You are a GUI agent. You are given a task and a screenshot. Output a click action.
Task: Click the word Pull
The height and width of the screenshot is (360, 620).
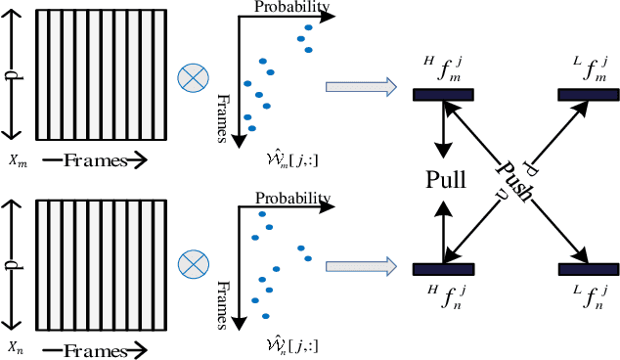tap(446, 179)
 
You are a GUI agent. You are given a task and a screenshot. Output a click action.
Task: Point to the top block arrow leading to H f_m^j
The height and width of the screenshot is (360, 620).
tap(360, 87)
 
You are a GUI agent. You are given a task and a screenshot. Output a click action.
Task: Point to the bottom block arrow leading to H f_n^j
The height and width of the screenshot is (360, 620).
tap(360, 264)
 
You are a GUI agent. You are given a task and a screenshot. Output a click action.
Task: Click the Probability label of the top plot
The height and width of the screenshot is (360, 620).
tap(291, 8)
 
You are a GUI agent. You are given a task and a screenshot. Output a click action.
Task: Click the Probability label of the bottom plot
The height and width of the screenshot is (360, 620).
tap(293, 199)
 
